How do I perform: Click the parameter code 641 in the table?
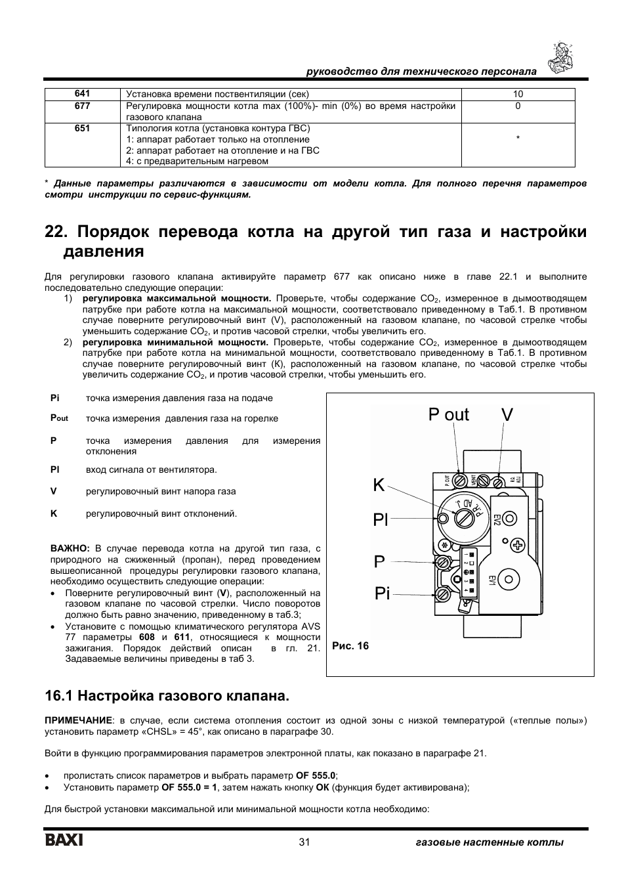(82, 94)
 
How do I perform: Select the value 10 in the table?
(518, 94)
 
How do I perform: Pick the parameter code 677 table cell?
(82, 105)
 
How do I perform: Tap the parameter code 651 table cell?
(82, 128)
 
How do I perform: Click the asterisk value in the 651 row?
(518, 139)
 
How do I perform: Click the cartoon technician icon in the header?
(562, 58)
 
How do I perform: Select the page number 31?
(304, 842)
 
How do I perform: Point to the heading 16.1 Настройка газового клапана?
(167, 695)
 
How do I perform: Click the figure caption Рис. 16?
(350, 646)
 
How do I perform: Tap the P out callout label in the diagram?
(449, 415)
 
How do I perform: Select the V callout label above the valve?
(507, 415)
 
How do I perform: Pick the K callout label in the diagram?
(379, 486)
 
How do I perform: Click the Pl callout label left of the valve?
(381, 521)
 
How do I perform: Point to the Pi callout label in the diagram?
(383, 594)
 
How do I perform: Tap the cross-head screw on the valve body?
(518, 545)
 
